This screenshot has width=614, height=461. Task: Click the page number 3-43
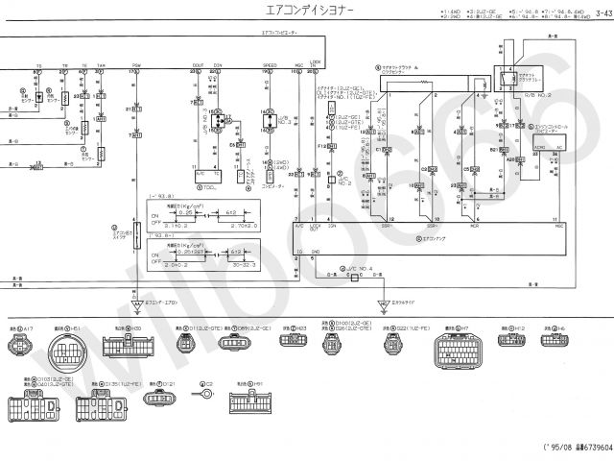600,12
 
